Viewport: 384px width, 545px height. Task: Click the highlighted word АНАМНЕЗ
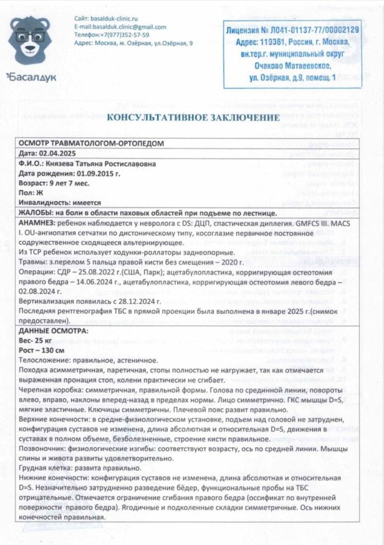[38, 222]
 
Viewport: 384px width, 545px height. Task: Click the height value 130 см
[52, 350]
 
